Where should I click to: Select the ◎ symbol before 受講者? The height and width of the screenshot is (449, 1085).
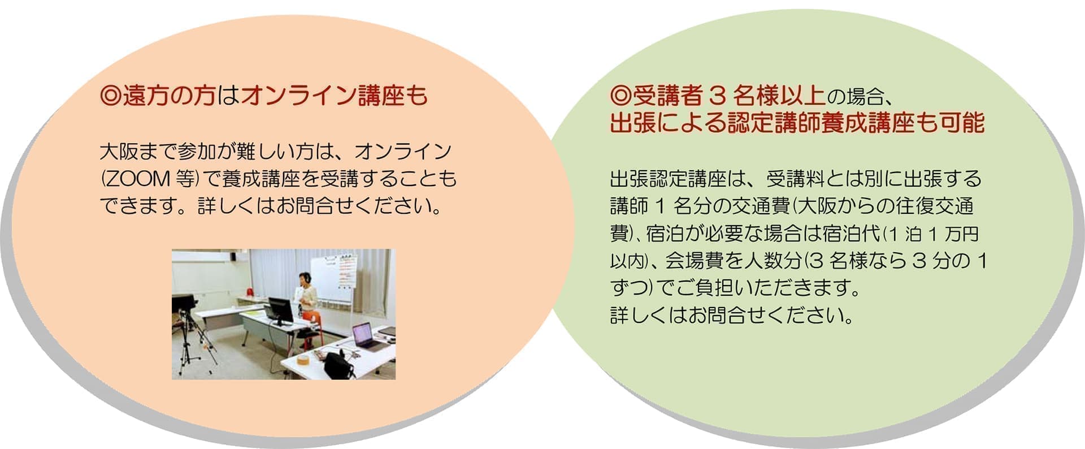620,96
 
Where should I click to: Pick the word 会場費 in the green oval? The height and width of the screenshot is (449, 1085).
694,261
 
